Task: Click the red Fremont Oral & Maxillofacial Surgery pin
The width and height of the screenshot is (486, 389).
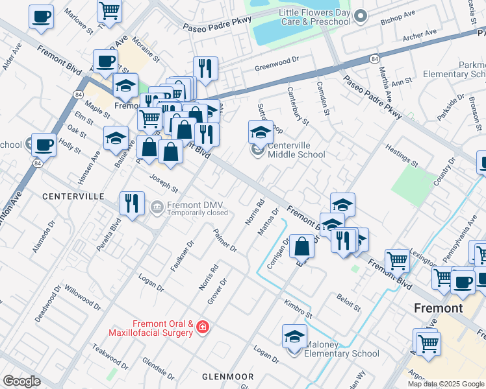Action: [x=203, y=327]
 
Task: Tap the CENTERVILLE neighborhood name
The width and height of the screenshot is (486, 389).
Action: [x=73, y=196]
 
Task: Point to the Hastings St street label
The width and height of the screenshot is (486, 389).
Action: [x=401, y=156]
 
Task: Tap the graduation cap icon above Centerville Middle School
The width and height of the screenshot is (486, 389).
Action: [x=261, y=132]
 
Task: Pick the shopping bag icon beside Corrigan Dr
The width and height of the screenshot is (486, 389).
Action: [x=302, y=246]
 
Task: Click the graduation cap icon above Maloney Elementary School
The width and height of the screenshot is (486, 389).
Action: [x=294, y=336]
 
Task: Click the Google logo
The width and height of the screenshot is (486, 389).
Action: [x=21, y=381]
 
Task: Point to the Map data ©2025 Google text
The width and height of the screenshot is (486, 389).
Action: [x=445, y=384]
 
